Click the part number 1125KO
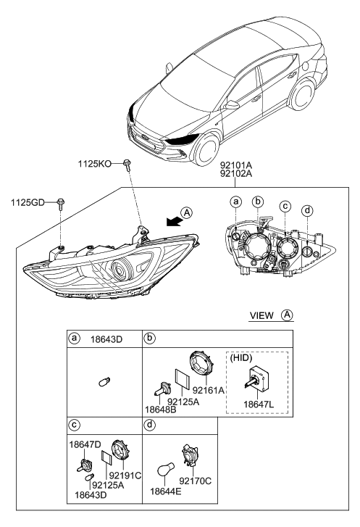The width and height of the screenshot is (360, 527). click(x=95, y=165)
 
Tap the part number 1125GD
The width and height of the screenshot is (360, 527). click(x=26, y=202)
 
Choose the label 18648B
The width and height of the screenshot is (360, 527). click(x=162, y=410)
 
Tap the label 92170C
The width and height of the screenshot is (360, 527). click(x=201, y=481)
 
